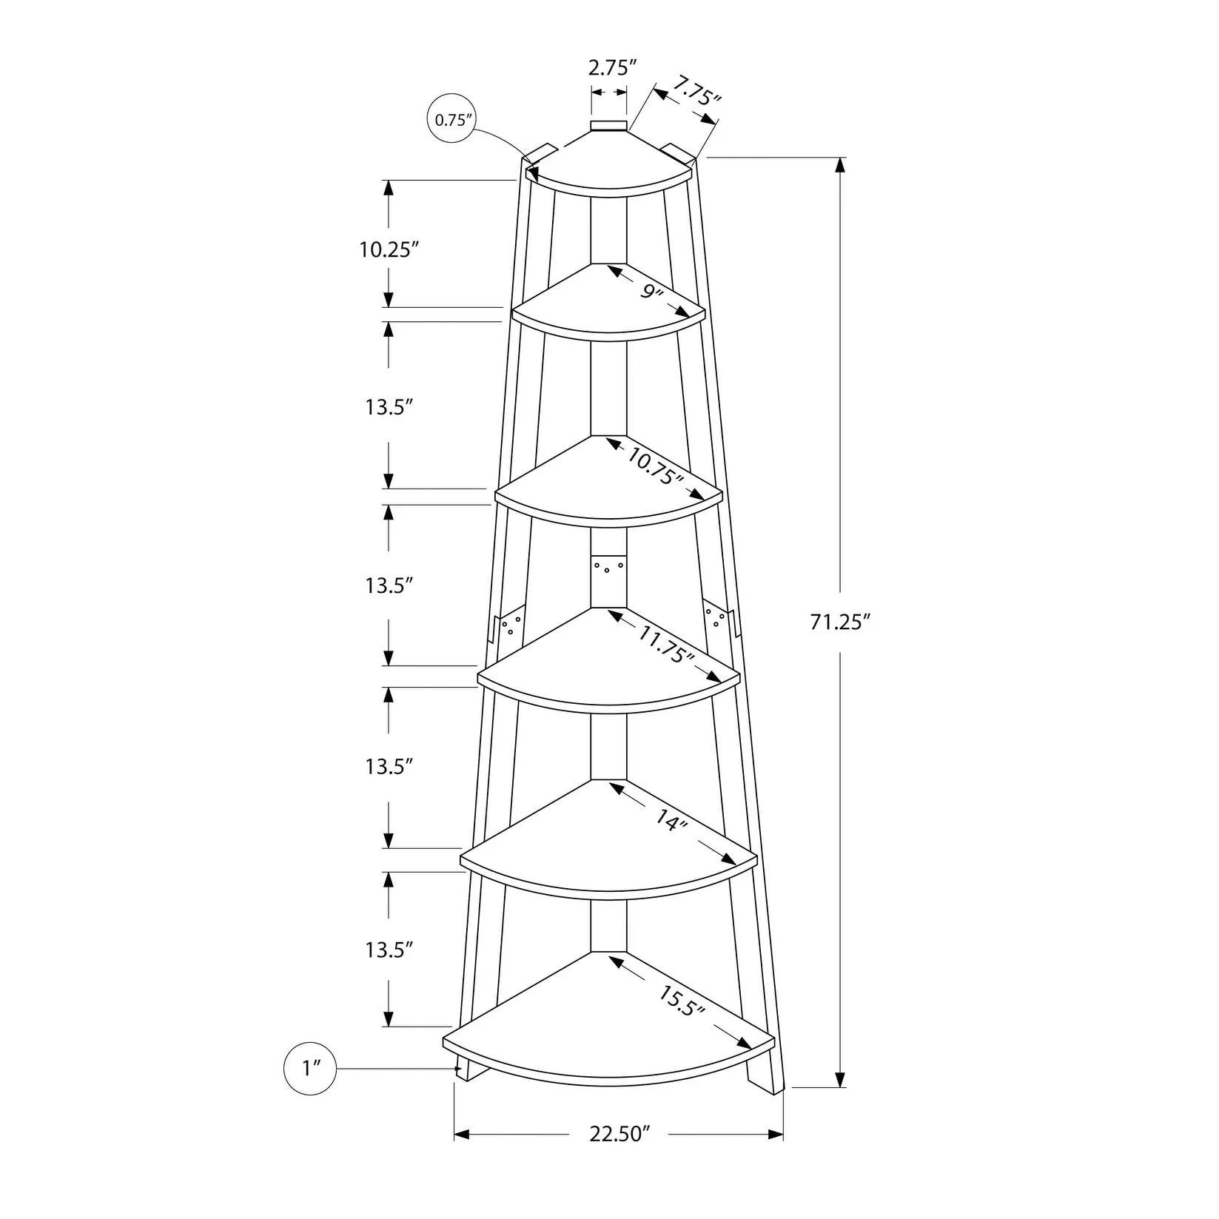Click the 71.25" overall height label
tap(837, 622)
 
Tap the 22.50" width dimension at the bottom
tap(619, 1134)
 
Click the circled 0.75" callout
tap(452, 119)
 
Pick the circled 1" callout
tap(310, 1068)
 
